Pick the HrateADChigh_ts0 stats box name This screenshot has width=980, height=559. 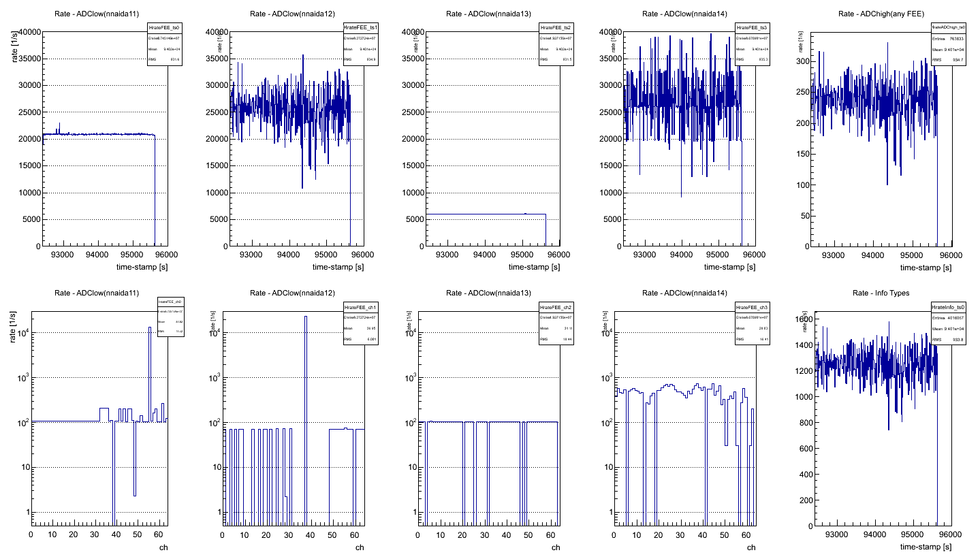tap(945, 26)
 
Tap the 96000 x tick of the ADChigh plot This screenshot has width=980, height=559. tap(951, 255)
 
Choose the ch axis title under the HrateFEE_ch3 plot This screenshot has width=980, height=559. tap(752, 547)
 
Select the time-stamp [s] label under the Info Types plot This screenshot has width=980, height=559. tap(925, 547)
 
